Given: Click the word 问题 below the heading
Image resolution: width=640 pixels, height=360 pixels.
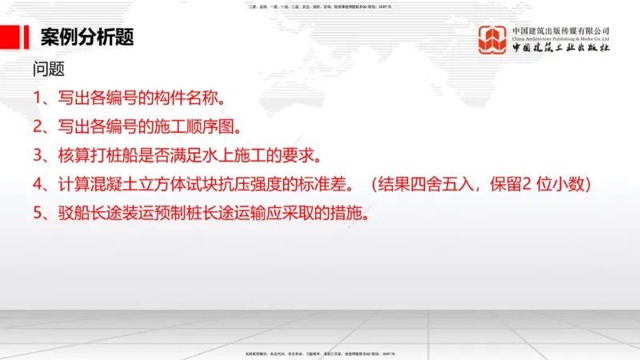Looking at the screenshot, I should (49, 70).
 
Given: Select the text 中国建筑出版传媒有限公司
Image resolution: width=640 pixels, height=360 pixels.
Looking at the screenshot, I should (561, 30).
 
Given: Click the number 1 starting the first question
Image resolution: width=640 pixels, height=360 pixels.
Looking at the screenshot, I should (38, 99).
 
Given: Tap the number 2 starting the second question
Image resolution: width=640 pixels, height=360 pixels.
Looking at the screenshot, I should (38, 127).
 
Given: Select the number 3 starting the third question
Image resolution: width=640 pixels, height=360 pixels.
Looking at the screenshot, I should (38, 155).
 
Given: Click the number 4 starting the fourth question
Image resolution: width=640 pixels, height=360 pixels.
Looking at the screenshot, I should (38, 184).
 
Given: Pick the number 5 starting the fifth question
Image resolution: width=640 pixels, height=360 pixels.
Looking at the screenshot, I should (38, 213).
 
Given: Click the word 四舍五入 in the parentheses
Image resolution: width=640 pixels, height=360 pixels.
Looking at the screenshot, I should (454, 184).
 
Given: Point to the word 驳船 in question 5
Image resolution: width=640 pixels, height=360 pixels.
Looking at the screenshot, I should (73, 213).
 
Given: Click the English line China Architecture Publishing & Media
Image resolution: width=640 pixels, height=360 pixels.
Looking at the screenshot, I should (561, 38).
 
